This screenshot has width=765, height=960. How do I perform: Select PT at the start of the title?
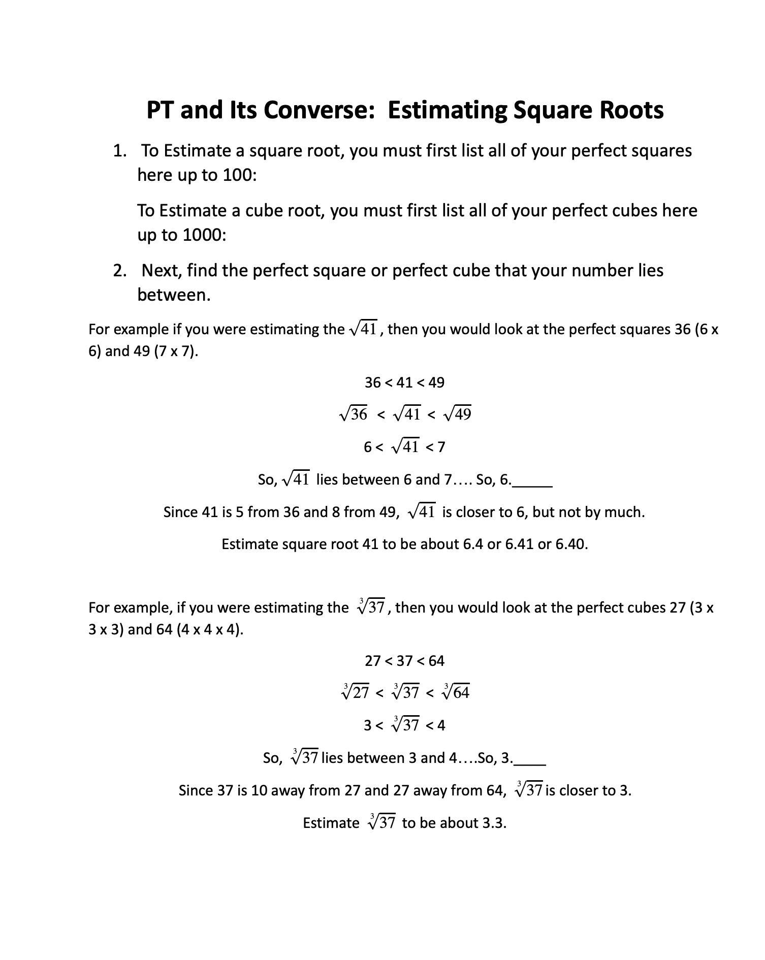[x=161, y=110]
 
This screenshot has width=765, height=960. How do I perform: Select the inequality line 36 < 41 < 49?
[x=404, y=382]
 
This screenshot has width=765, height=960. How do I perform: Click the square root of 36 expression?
[x=353, y=414]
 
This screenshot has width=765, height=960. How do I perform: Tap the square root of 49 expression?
[x=458, y=414]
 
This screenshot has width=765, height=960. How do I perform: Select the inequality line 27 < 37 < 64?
[x=404, y=661]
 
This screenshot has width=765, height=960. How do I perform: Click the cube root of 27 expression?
[x=355, y=692]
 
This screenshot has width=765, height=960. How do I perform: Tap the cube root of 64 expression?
[x=456, y=692]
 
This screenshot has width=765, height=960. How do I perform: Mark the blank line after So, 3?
[x=530, y=762]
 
